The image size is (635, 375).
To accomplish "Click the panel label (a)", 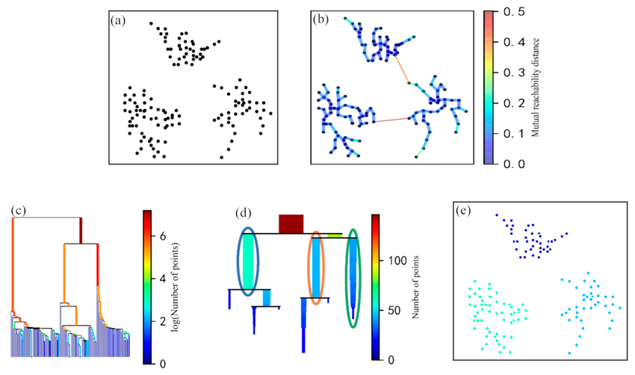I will (118, 21).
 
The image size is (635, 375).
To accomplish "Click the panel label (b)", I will (323, 21).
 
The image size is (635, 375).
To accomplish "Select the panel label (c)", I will (19, 210).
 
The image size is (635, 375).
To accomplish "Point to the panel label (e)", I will (463, 210).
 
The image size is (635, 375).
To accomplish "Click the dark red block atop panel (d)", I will (291, 223).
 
